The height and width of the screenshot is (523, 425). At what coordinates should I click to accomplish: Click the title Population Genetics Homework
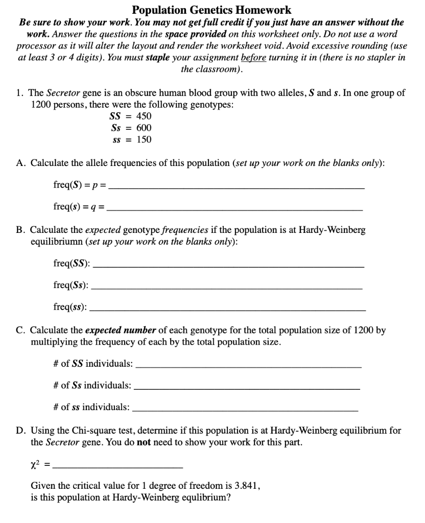211,10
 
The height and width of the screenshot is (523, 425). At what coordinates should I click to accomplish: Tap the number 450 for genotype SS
143,116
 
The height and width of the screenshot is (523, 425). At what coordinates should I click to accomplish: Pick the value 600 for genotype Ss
143,128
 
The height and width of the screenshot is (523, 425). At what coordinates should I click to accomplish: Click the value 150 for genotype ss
143,139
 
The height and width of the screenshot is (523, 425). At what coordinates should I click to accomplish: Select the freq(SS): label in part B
72,263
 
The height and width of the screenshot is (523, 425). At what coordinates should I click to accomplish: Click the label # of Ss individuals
91,385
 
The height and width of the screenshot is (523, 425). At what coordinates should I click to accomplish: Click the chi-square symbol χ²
36,463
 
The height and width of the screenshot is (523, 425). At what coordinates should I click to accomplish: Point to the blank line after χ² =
117,467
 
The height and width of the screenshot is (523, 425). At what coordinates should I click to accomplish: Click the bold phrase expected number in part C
113,330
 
